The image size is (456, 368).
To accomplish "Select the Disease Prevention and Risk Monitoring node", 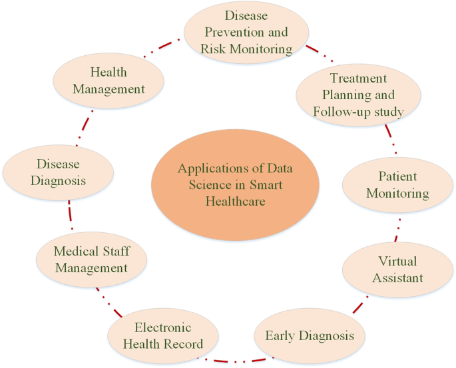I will pos(247,32).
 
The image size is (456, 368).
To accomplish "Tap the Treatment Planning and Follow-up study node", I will pos(358,95).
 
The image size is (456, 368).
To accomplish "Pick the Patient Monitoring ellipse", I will pos(398,184).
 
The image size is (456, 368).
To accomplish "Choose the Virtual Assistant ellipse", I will pos(397,268).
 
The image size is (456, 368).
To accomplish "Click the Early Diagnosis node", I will pos(310,335).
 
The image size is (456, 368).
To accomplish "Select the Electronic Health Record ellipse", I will pos(162,335).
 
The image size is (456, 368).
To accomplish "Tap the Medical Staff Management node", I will pos(91,260).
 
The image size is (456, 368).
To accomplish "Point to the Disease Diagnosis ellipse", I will pos(58,172).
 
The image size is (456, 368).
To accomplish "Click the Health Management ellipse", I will pos(109,80).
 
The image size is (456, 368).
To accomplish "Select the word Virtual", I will pos(397,260).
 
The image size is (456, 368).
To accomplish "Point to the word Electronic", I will pos(162,327).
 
